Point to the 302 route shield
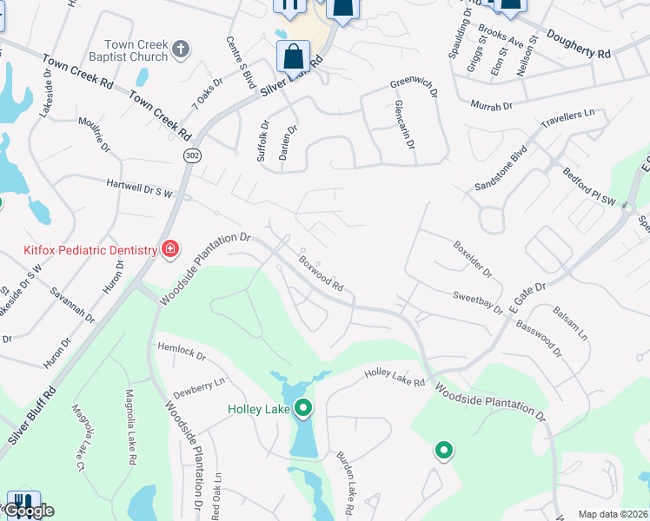click(x=191, y=154)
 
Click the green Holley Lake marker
click(x=303, y=406)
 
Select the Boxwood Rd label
click(x=322, y=271)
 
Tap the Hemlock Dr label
click(x=182, y=351)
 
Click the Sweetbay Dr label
click(x=477, y=302)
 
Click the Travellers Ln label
click(x=568, y=119)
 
